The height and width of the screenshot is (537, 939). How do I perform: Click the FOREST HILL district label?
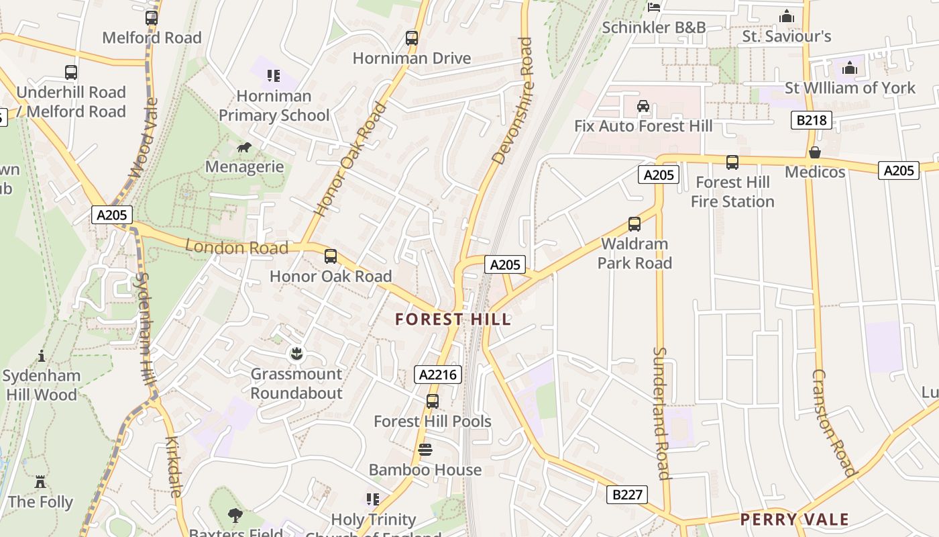[453, 319]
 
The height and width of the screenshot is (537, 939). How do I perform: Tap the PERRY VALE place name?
[795, 519]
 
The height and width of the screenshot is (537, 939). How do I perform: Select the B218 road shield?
[811, 120]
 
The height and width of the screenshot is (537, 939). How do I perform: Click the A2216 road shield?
[438, 375]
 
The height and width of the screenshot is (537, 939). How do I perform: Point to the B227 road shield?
[628, 495]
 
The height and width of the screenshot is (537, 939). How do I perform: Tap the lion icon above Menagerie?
[244, 147]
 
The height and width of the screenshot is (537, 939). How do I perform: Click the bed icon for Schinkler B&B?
[654, 7]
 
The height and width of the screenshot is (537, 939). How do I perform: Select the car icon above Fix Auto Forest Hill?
[643, 105]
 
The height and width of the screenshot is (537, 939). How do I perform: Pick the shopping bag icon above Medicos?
[815, 152]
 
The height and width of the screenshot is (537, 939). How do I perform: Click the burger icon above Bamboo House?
[425, 450]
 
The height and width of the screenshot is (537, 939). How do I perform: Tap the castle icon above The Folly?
[40, 482]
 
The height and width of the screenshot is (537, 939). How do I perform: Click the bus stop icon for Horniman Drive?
[412, 38]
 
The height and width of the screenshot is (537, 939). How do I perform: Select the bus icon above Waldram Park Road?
[634, 224]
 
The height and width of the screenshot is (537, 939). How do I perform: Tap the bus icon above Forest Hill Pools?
[433, 401]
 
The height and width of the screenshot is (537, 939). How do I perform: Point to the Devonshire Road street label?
[513, 101]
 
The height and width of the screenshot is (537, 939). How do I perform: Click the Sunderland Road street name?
[661, 413]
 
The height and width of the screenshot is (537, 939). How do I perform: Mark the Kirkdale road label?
[173, 467]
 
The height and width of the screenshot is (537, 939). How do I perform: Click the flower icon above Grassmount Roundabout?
[296, 353]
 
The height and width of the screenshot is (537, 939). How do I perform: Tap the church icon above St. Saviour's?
[786, 16]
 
